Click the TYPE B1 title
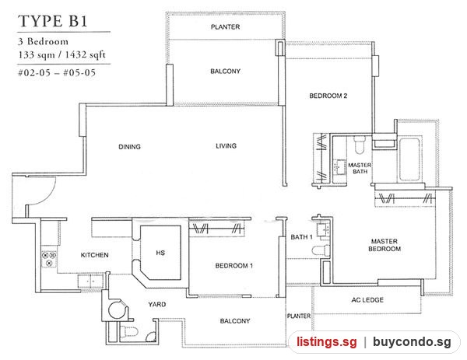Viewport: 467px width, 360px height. point(53,22)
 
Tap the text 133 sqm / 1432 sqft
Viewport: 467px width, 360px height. point(61,54)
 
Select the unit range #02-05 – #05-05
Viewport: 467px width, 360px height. point(57,72)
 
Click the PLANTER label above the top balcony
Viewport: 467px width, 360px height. point(225,27)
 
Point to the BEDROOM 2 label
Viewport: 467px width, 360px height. point(328,96)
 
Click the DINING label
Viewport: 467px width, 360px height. point(129,147)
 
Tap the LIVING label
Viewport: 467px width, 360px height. point(226,145)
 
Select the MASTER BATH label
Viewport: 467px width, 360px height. point(360,168)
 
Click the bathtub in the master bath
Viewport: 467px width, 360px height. point(410,159)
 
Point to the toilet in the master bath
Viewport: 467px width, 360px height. point(360,145)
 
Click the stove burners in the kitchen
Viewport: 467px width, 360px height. point(49,259)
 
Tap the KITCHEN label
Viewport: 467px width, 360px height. point(94,255)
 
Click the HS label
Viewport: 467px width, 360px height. point(160,253)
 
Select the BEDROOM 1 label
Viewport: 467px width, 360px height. point(234,266)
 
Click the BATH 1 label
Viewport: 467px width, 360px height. point(301,237)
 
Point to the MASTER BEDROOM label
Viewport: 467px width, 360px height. point(384,245)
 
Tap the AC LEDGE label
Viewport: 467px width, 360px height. point(367,300)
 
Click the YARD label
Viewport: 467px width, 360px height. point(157,304)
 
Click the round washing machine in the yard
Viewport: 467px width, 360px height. point(118,309)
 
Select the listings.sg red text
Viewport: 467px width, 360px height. point(326,341)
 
